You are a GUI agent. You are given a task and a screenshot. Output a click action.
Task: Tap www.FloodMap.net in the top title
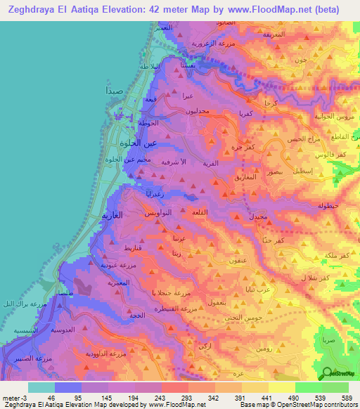point(278,10)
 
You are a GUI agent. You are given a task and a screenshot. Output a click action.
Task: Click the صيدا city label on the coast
point(115,91)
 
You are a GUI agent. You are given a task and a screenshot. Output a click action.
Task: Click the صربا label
point(327,339)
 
